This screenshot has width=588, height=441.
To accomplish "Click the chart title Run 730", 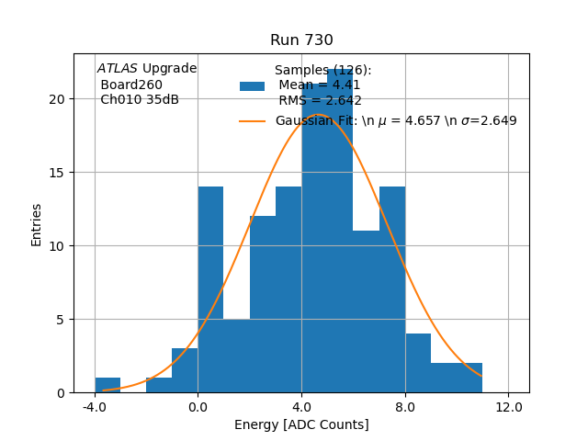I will coord(301,40).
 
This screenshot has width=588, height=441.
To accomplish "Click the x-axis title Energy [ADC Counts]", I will coord(301,424).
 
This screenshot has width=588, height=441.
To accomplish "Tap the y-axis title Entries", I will coord(37,223).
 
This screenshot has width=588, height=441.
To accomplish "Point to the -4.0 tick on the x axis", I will coord(95,407).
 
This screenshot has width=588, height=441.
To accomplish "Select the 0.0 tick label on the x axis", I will coord(198,407).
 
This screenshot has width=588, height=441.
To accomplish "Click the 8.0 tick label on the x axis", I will coord(405,407).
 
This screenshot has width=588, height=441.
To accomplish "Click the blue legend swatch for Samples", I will coord(252,86).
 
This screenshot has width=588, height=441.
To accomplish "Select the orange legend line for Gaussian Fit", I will coord(252,120).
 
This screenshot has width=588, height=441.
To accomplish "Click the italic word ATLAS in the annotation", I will coord(118,69).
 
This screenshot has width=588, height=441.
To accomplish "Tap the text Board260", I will coord(131,85).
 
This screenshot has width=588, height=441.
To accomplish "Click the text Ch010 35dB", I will coord(140,99).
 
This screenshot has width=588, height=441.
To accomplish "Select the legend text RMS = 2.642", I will coord(320,101).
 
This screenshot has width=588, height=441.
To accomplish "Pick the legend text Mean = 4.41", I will coord(319,85).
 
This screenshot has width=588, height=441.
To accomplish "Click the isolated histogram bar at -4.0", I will coord(107,386).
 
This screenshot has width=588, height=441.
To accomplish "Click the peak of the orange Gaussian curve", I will coord(319,114).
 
